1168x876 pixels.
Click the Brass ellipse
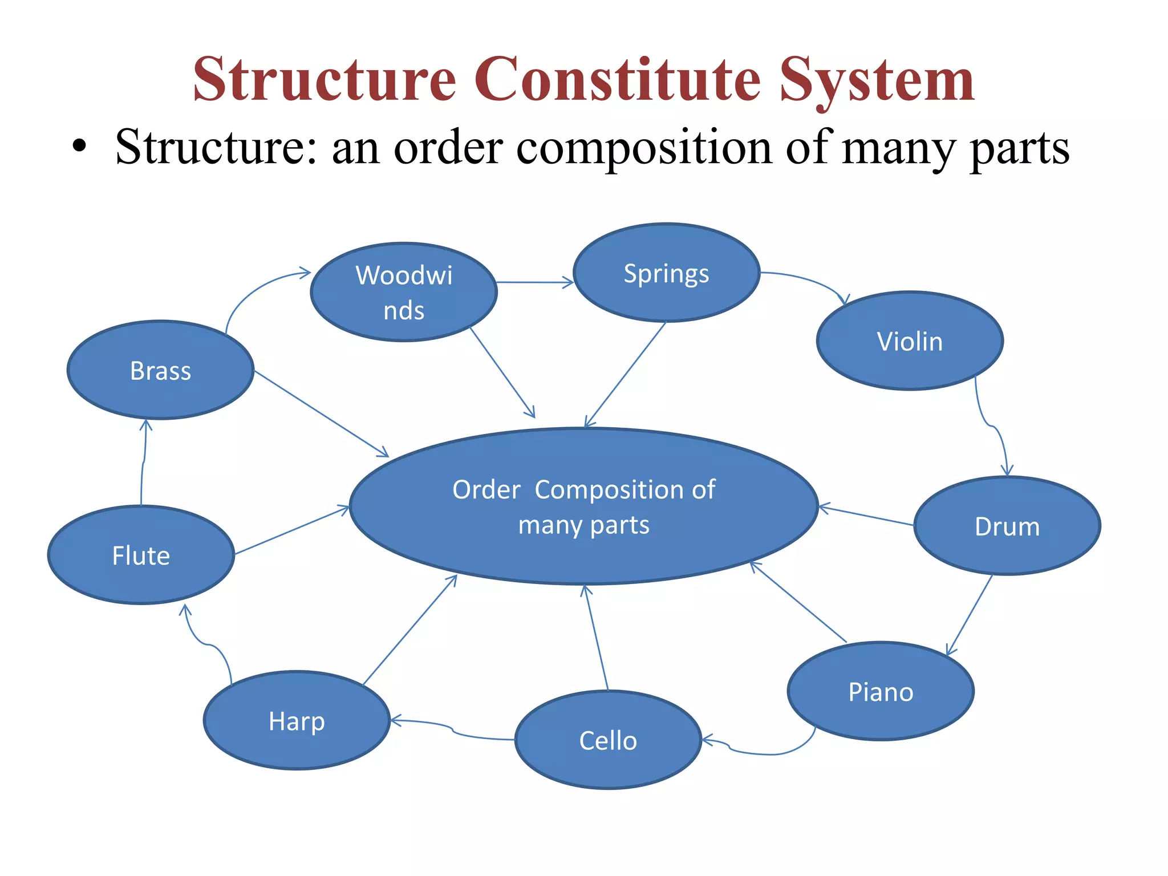point(160,370)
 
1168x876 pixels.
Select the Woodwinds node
point(404,292)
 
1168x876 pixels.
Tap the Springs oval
point(666,273)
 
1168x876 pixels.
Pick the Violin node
point(910,341)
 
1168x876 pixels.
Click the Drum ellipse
point(1007,526)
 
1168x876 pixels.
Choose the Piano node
point(881,691)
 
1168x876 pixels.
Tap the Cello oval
point(608,740)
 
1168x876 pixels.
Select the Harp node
point(297,721)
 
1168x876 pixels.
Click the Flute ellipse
point(141,555)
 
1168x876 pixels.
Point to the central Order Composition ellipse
point(583,506)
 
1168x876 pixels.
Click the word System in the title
point(877,80)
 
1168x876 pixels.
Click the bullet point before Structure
point(79,147)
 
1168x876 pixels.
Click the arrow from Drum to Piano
point(970,614)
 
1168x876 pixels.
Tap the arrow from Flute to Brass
point(143,462)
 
